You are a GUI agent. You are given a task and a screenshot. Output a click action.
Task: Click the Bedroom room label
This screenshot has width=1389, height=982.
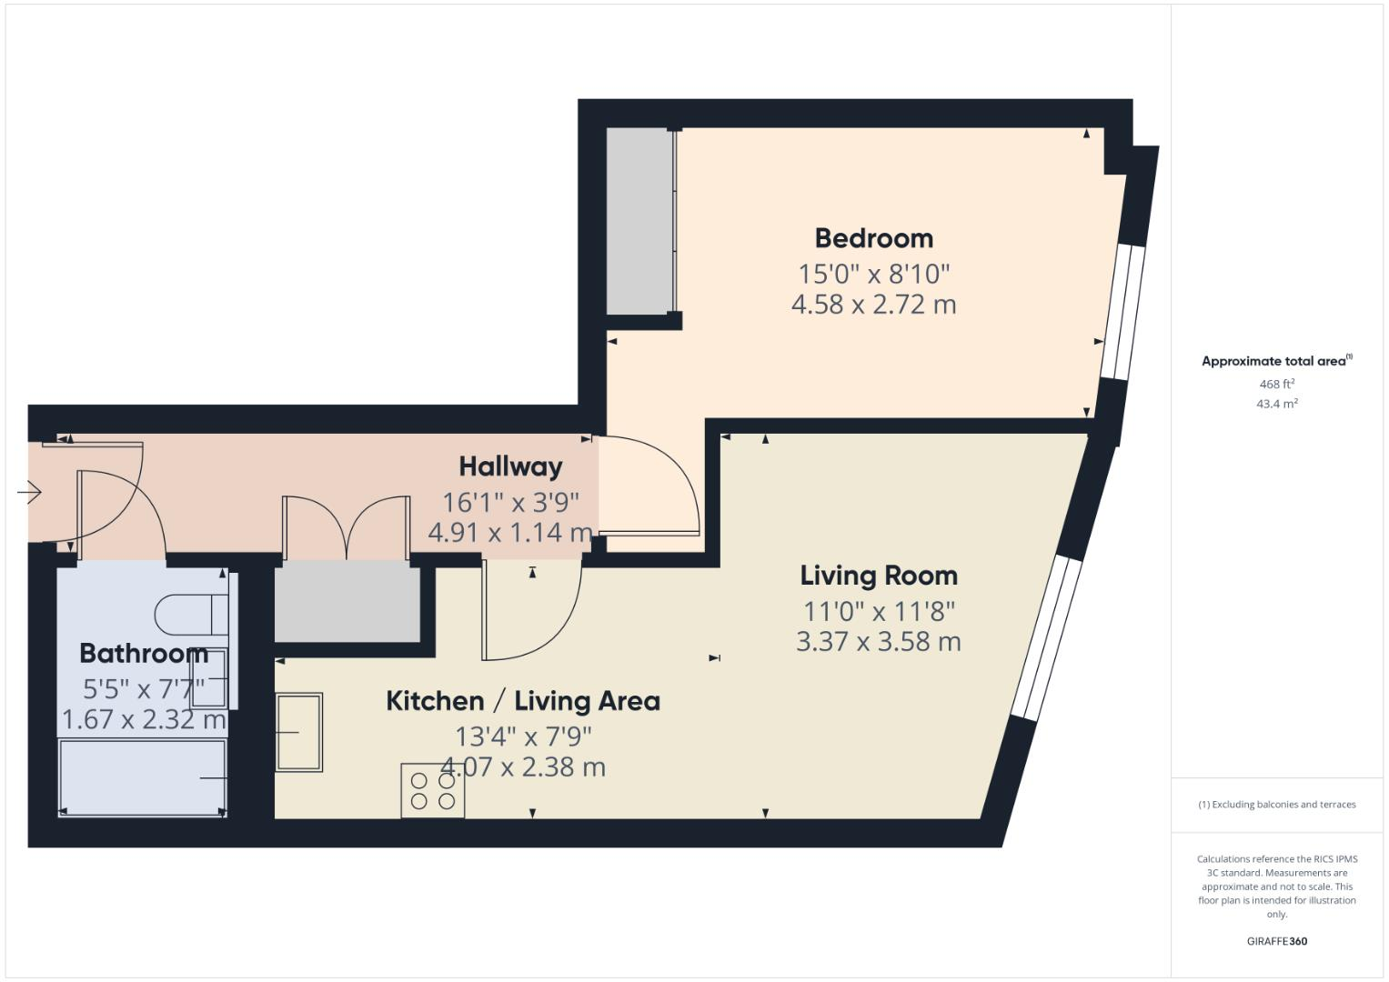click(x=873, y=238)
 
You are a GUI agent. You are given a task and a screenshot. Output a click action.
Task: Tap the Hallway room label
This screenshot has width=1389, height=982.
click(x=510, y=466)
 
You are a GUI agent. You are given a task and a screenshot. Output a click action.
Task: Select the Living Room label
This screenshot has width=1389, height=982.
click(x=879, y=576)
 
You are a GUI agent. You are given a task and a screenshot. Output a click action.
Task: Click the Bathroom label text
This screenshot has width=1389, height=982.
click(x=143, y=653)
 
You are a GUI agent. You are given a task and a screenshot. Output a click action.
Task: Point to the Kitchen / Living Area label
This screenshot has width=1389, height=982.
click(x=523, y=701)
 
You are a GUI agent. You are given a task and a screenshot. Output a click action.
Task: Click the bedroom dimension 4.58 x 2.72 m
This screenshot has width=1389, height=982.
click(x=873, y=305)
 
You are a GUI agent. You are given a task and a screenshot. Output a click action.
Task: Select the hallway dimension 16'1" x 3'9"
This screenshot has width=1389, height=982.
click(x=510, y=502)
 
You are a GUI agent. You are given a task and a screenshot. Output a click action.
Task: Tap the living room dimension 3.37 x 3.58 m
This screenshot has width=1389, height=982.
click(x=879, y=642)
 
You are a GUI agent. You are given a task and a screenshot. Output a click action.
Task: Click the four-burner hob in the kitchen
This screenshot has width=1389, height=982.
click(x=433, y=791)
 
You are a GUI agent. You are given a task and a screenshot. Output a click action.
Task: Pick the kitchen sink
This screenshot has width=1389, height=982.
click(x=299, y=732)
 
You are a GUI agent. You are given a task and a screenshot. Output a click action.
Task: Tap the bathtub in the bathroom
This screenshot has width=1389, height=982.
click(x=142, y=777)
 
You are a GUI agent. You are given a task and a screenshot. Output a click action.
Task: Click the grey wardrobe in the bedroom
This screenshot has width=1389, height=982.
click(x=639, y=221)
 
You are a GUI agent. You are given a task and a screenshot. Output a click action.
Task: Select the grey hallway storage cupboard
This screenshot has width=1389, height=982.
click(x=347, y=601)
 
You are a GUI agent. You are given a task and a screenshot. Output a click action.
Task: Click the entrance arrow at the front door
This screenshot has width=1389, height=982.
click(x=29, y=493)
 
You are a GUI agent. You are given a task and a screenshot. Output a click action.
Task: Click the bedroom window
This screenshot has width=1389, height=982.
click(x=1117, y=312)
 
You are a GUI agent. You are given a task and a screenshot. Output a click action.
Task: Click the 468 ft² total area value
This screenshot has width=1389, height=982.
click(x=1276, y=384)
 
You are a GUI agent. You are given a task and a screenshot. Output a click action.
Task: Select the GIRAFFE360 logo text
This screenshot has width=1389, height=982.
click(x=1276, y=941)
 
